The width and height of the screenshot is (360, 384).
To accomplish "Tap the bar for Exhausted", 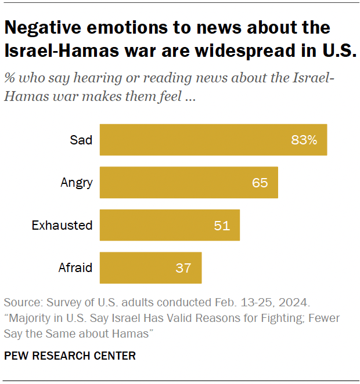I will coord(163,225).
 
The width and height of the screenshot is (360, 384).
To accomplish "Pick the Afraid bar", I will coord(145,268).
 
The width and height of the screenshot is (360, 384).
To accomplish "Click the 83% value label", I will coord(304,140).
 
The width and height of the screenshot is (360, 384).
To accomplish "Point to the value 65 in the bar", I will coord(260,183).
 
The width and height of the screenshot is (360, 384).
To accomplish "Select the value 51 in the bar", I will coord(222,225).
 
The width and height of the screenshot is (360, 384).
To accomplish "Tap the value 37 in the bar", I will coord(183,268).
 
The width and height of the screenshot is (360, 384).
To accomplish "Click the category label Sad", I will coord(81,140).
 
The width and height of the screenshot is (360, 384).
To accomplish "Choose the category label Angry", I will coord(77,183).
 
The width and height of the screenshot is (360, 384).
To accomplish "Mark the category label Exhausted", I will coord(62,225).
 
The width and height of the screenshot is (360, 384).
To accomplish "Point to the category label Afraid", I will coord(75,268).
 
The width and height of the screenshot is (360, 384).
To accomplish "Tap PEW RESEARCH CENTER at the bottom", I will coord(70,356).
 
